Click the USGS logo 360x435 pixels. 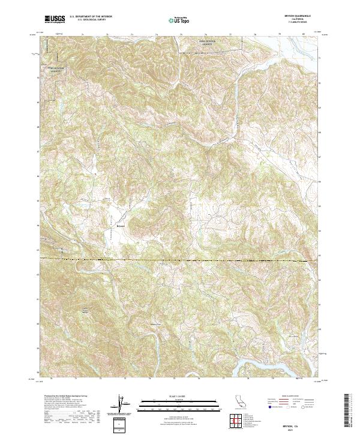click(x=55, y=19)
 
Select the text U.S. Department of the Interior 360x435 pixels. click(x=90, y=17)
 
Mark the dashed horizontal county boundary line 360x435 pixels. click(x=180, y=260)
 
